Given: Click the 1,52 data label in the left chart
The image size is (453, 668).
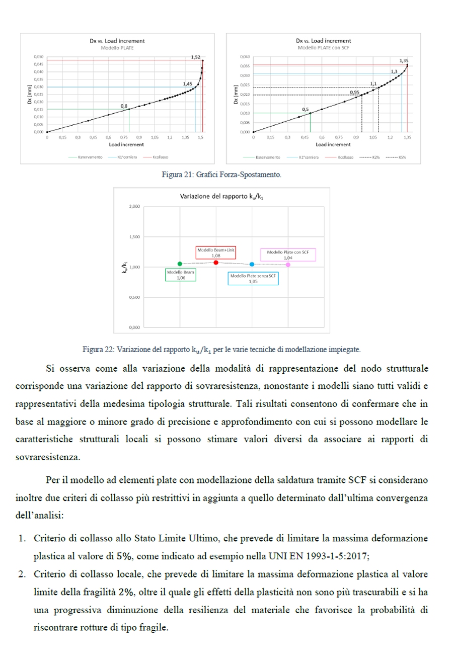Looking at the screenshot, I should click(196, 57).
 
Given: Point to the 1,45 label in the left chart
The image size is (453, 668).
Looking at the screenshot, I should click(187, 84).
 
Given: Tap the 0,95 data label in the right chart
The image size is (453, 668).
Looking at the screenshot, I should click(355, 93).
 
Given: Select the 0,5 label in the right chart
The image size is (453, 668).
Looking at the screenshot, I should click(305, 109).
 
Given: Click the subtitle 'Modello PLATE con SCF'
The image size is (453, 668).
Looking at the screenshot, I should click(323, 48).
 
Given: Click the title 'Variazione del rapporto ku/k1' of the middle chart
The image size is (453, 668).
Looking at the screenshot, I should click(221, 197).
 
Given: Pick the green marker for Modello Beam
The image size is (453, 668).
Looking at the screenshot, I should click(180, 264).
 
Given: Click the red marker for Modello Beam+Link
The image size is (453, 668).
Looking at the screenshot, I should click(216, 262).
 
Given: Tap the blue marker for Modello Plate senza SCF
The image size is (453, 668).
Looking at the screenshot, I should click(252, 264).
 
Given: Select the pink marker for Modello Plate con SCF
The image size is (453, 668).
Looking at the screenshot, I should click(288, 265).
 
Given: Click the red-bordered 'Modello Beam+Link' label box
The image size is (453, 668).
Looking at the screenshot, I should click(216, 252).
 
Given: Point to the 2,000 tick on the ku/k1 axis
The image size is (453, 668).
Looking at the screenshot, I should click(134, 207).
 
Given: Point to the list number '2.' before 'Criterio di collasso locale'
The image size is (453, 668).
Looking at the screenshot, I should click(22, 574).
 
